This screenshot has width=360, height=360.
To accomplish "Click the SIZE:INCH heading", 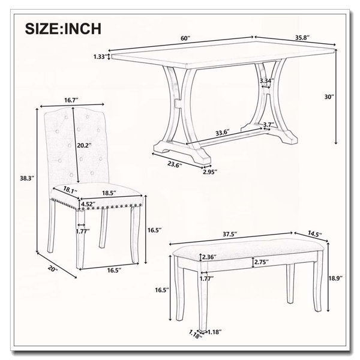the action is point(63,29).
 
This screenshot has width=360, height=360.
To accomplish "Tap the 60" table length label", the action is point(186,38).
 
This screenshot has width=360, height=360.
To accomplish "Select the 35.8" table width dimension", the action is point(302,38).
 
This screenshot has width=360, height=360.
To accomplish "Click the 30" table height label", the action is point(329,97).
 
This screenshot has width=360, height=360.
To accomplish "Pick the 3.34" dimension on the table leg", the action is point(267,81).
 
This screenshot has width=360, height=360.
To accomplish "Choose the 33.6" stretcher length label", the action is point(223,133).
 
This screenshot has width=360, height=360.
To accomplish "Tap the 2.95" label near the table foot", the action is point(210,172).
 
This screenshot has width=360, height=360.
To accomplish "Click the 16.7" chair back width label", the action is point(71,100).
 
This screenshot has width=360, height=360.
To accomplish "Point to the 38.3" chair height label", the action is point(27,178).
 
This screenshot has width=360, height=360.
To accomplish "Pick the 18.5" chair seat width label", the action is point(109,193).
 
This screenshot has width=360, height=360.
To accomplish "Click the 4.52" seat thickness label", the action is point(88,204).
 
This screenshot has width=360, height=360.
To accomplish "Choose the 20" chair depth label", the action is point(53,269).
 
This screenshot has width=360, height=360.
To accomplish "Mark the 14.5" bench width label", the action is point(315,235).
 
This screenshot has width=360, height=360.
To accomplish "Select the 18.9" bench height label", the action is point(335,278).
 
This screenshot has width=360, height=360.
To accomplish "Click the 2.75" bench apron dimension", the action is point(262,262).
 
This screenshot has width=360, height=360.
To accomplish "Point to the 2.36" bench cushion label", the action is point(209,257).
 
